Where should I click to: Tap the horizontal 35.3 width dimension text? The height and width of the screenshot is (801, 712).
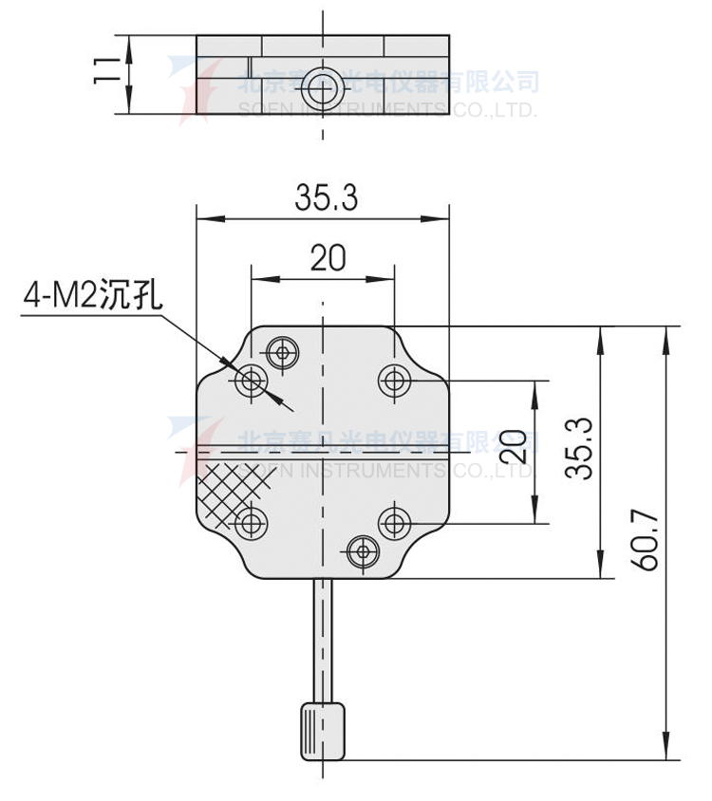pyautogui.click(x=326, y=198)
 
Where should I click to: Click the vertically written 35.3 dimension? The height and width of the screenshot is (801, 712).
pyautogui.click(x=580, y=449)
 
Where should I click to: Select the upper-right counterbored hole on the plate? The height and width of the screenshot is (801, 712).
pyautogui.click(x=393, y=382)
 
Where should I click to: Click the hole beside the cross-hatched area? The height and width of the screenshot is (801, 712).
pyautogui.click(x=253, y=523)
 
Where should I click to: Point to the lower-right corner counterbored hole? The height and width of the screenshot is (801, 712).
pyautogui.click(x=393, y=522)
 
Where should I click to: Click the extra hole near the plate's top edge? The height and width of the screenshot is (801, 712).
pyautogui.click(x=281, y=353)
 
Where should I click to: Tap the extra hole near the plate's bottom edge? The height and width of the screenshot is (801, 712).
pyautogui.click(x=362, y=550)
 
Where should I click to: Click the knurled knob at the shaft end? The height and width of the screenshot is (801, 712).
pyautogui.click(x=324, y=732)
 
